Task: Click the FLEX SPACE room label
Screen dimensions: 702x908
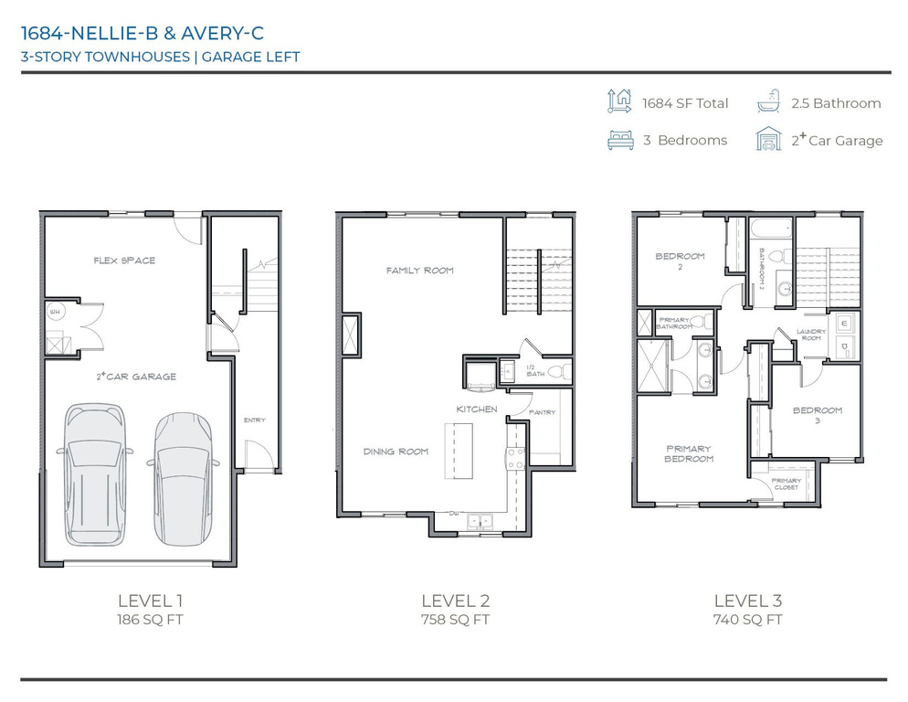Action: coord(124,261)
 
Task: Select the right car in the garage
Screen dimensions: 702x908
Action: coord(183,475)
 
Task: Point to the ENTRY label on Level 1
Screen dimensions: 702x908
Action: coord(254,420)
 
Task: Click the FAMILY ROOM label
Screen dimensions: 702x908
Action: coord(419,271)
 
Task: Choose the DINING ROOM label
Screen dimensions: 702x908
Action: coord(396,452)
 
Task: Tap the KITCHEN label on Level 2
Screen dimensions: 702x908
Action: coord(477,409)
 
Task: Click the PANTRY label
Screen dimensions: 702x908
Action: coord(542,412)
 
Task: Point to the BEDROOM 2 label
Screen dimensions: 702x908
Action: coord(681,261)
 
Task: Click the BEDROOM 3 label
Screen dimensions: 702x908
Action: coord(818,415)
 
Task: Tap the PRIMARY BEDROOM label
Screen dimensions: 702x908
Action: coord(689,453)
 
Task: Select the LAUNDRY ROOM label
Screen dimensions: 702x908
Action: coord(811,335)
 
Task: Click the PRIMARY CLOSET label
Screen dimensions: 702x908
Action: coord(786,484)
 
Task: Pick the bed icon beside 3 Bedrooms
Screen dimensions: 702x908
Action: coord(620,140)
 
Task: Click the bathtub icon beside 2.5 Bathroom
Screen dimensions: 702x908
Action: coord(768,102)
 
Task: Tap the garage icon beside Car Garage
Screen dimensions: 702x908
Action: coord(768,140)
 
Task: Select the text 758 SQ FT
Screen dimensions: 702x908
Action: coord(455,620)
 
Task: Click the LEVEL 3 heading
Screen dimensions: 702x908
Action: coord(747,601)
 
